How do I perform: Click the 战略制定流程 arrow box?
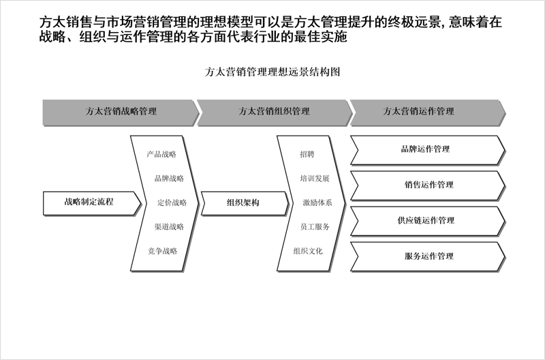pyautogui.click(x=92, y=202)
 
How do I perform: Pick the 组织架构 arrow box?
pyautogui.click(x=245, y=203)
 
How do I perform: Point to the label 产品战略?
pyautogui.click(x=161, y=154)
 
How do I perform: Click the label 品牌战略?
pyautogui.click(x=169, y=179)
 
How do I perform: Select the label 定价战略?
pyautogui.click(x=172, y=202)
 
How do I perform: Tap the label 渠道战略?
pyautogui.click(x=169, y=227)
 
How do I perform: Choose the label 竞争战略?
pyautogui.click(x=162, y=251)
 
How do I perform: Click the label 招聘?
pyautogui.click(x=307, y=154)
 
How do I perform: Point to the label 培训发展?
pyautogui.click(x=315, y=179)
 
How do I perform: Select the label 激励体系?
pyautogui.click(x=317, y=202)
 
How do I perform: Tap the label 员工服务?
pyautogui.click(x=315, y=227)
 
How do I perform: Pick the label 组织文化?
pyautogui.click(x=308, y=251)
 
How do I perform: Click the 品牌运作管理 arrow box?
pyautogui.click(x=428, y=150)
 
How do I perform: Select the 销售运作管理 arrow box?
pyautogui.click(x=428, y=185)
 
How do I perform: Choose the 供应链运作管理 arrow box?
pyautogui.click(x=428, y=221)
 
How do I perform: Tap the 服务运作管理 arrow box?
pyautogui.click(x=428, y=256)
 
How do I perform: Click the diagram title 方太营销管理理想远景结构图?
pyautogui.click(x=272, y=72)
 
